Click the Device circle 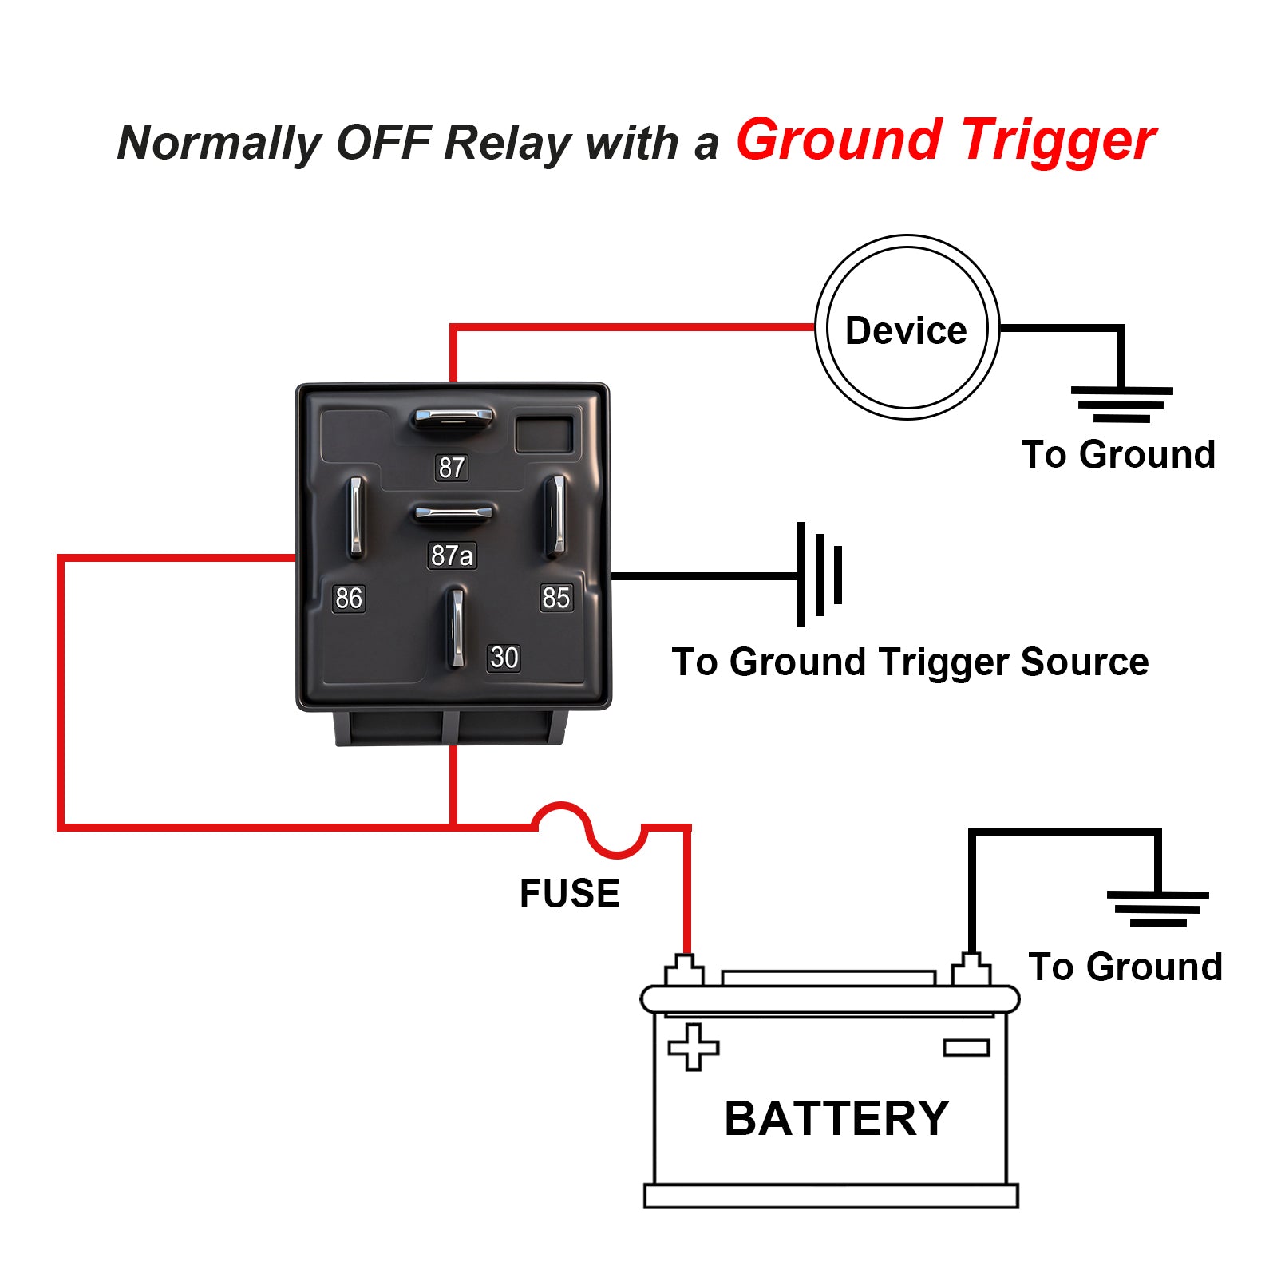click(907, 327)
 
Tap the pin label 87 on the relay click(451, 467)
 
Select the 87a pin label click(452, 555)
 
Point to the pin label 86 click(349, 598)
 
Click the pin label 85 click(556, 597)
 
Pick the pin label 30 click(504, 658)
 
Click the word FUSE click(569, 893)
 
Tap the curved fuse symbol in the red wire click(589, 830)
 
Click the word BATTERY click(836, 1118)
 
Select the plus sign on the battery click(693, 1046)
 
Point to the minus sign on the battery click(967, 1047)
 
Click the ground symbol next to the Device click(1121, 404)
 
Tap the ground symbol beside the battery click(1157, 908)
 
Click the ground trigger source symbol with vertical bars click(820, 574)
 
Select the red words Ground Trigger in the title click(946, 140)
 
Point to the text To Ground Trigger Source click(910, 662)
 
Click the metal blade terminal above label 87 click(452, 418)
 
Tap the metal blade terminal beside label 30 click(455, 627)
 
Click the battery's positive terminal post click(684, 969)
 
